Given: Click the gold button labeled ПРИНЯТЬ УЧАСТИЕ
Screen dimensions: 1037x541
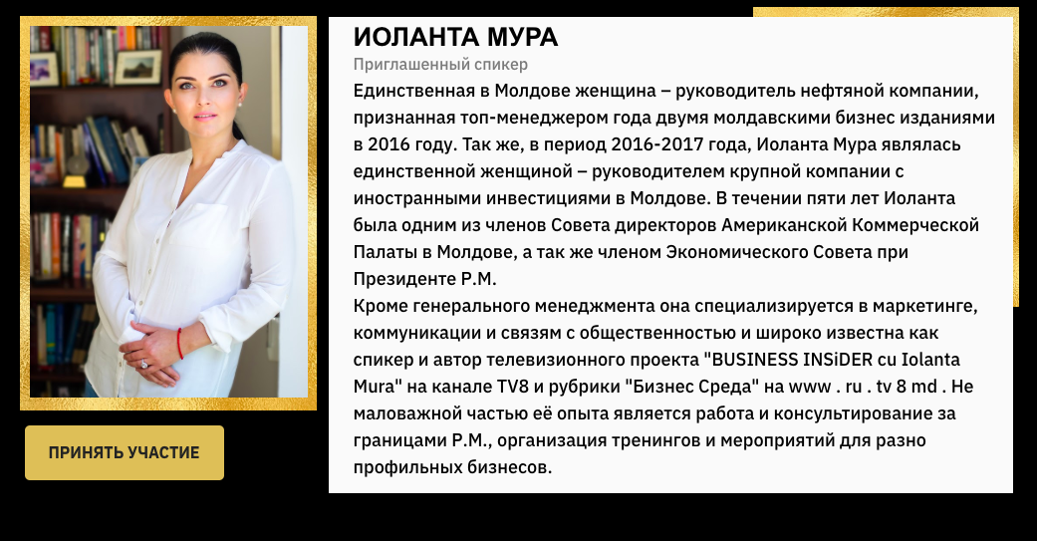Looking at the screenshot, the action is click(125, 452).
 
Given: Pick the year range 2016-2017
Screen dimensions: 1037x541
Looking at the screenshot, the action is click(648, 144).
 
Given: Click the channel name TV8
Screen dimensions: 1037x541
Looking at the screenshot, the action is click(513, 387).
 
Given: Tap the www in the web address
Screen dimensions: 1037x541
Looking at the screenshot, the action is click(810, 388).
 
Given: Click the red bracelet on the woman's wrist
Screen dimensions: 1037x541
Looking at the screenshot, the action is click(179, 344).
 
